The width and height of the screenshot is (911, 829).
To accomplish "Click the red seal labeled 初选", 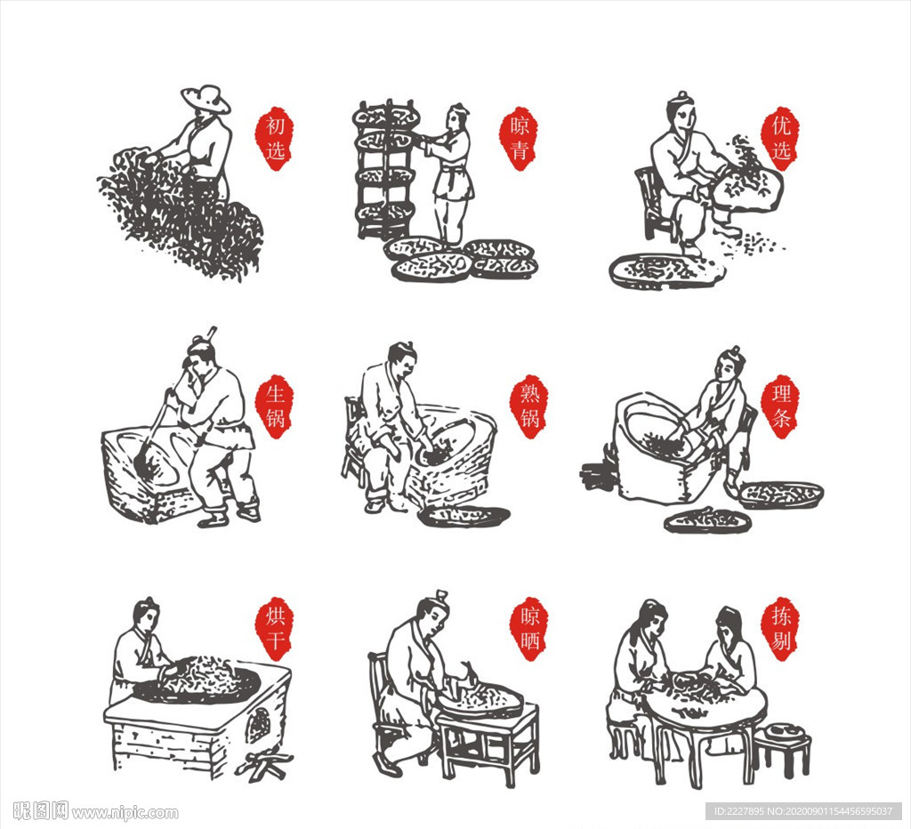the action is [x=275, y=138].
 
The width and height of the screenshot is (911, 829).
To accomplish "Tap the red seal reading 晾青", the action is [x=519, y=138].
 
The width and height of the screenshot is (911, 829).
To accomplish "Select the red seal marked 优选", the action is [x=780, y=138].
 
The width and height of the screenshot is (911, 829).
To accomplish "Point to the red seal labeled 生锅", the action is [x=275, y=406].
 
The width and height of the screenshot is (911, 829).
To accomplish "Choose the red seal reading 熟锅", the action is [x=529, y=406].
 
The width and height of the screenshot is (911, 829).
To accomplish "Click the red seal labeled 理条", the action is [x=780, y=406].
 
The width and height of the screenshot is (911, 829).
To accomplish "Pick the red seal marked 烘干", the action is [x=274, y=629].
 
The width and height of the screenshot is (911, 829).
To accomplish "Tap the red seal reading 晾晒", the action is [x=529, y=629].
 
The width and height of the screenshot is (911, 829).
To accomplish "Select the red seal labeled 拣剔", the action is [x=780, y=629].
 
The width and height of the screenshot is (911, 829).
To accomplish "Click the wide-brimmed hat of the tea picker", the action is [x=206, y=100].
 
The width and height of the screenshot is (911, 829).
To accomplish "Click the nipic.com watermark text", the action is [x=96, y=811].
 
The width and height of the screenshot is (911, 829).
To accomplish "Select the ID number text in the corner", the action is [x=803, y=811].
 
